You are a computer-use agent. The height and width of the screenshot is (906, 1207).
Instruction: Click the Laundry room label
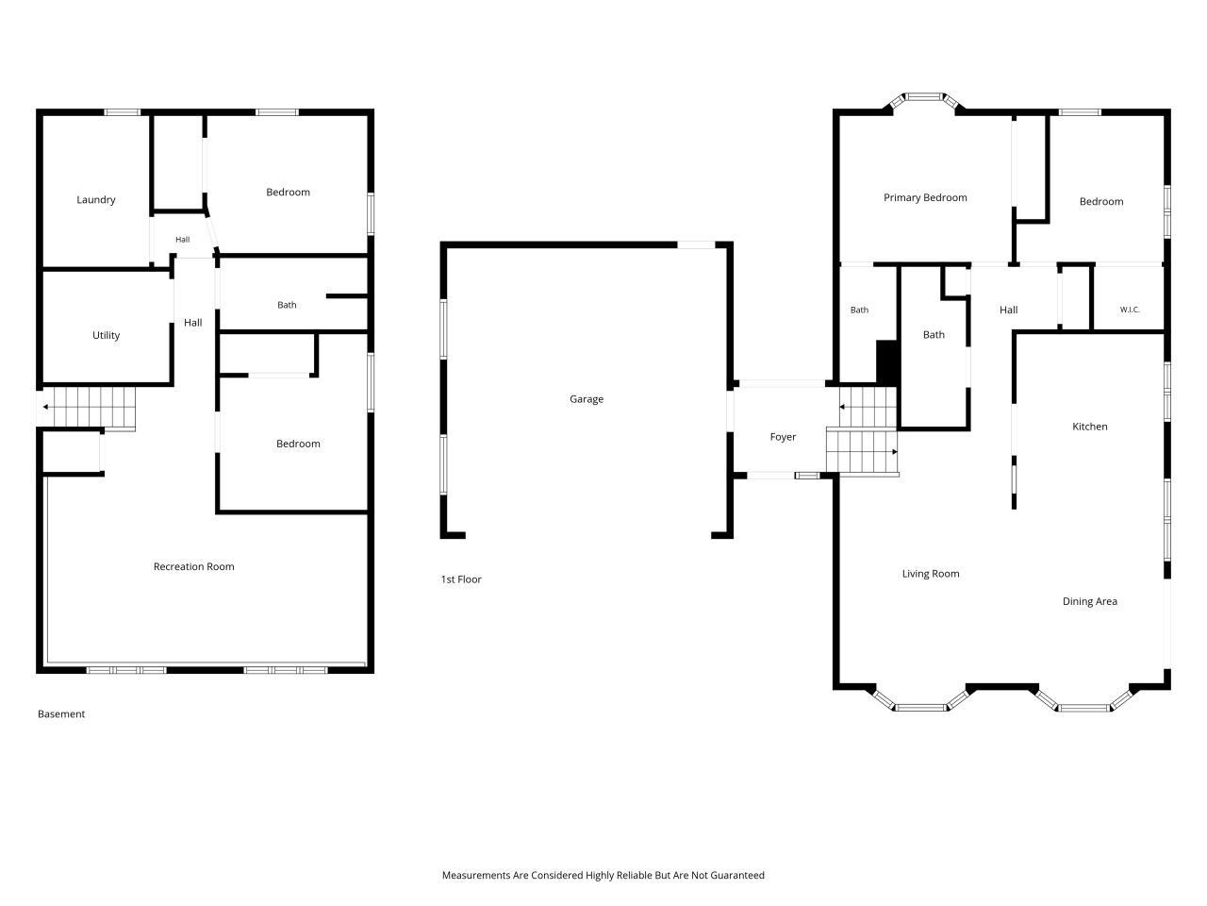pos(95,200)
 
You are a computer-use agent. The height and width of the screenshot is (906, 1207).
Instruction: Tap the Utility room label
pos(107,335)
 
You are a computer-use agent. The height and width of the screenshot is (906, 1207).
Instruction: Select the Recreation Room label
pos(193,566)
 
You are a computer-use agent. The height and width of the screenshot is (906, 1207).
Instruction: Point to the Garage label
pos(587,399)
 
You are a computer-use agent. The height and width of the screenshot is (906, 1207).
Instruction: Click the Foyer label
pos(783,437)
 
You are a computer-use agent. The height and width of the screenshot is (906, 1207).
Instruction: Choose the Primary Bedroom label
pos(925,197)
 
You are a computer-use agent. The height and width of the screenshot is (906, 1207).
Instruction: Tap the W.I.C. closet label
pos(1130,310)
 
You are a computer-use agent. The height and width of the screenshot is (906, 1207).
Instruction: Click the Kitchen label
pos(1089,427)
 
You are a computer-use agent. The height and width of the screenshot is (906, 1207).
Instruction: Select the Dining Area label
pos(1089,601)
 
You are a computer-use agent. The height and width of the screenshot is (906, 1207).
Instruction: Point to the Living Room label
pos(931,574)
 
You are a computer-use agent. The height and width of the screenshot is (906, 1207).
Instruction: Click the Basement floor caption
pos(61,714)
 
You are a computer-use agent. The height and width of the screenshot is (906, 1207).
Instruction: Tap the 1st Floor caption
pos(461,579)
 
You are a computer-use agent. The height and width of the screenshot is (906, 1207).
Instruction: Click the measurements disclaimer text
pos(603,875)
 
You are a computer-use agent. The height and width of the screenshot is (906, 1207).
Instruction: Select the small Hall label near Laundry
pos(183,240)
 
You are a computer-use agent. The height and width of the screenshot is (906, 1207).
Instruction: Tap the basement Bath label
pos(287,305)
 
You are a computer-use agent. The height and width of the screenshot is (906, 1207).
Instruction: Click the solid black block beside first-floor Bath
pos(886,362)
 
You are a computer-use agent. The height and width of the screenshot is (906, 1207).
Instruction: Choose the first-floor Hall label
pos(1008,310)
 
